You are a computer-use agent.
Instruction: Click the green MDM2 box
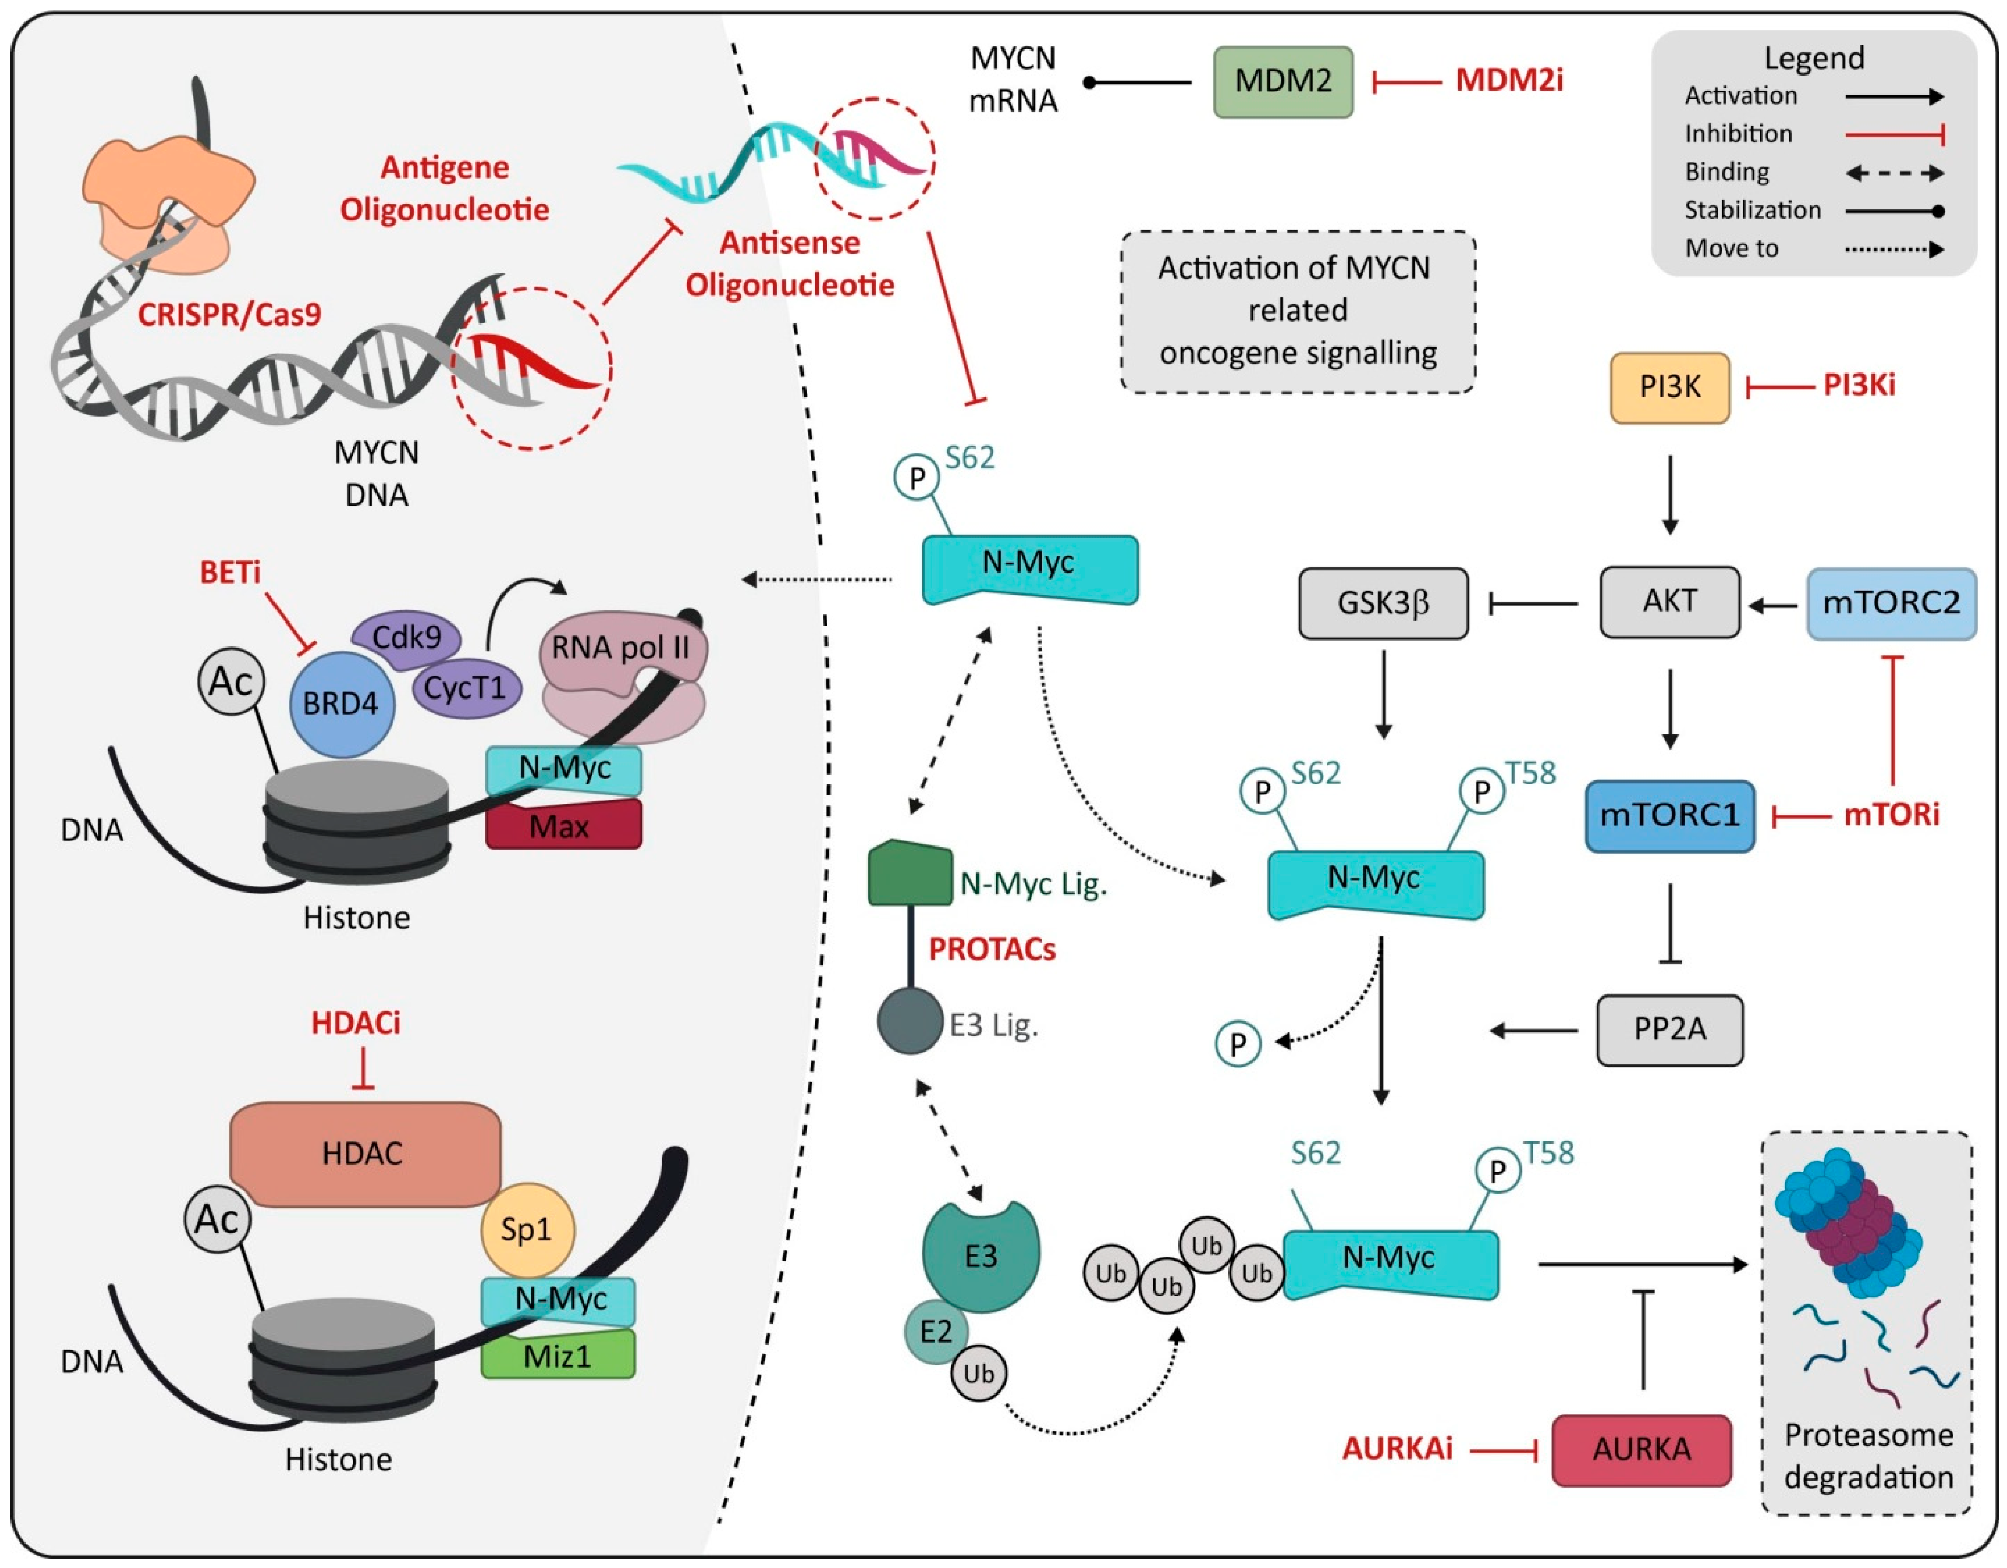pos(1283,82)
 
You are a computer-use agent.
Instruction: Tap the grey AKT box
pos(1670,602)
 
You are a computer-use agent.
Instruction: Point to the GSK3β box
pos(1383,604)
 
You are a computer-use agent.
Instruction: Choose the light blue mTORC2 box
pos(1891,604)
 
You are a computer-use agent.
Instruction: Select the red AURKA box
pos(1641,1450)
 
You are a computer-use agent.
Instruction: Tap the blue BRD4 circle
pos(341,704)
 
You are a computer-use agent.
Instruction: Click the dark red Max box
pos(562,826)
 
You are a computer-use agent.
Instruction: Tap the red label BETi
pos(230,573)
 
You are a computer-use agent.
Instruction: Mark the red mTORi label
pos(1891,814)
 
